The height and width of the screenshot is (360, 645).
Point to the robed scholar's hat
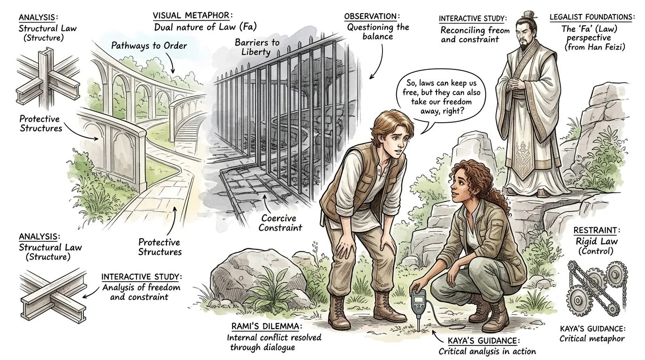529,15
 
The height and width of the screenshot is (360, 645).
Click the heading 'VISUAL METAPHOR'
191,15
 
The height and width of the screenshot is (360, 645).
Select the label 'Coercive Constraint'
280,223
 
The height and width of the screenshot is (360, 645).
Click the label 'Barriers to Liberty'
257,47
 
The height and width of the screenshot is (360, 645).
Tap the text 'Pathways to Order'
149,45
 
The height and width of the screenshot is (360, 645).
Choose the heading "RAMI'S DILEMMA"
265,326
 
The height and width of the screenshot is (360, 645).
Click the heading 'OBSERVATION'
370,16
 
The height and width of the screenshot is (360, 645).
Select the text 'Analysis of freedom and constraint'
141,292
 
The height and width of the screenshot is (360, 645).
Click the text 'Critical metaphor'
592,339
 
